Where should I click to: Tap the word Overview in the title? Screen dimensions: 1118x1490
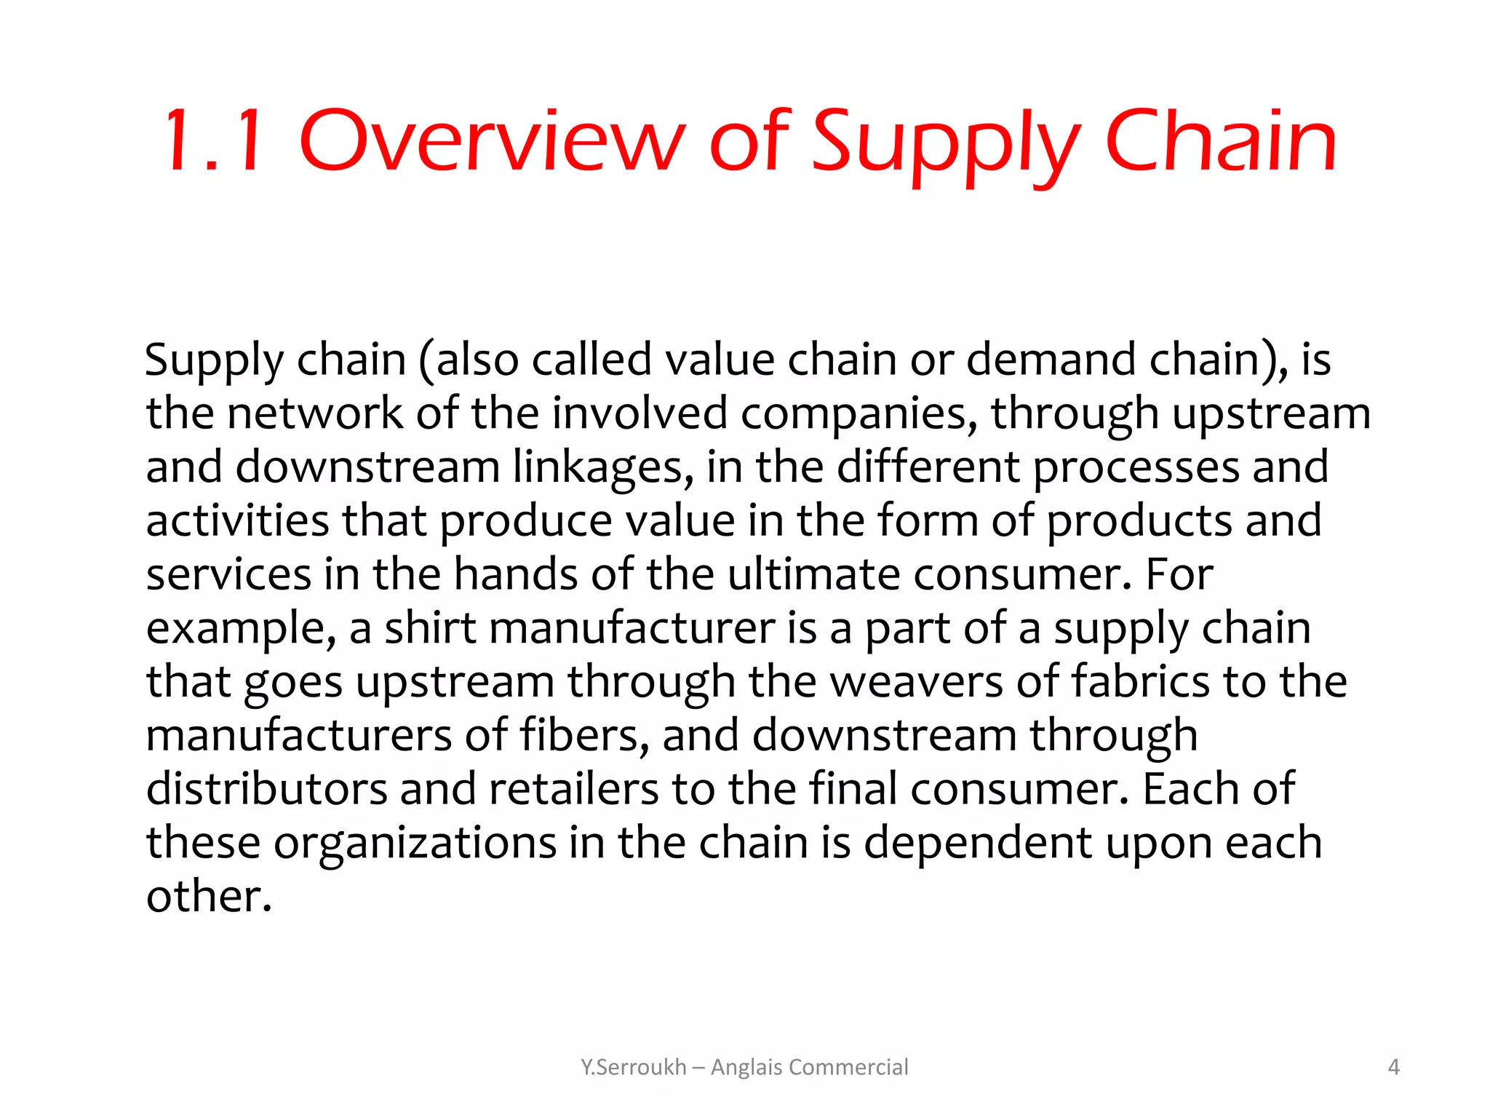tap(492, 141)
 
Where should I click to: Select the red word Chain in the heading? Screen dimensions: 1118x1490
tap(1221, 141)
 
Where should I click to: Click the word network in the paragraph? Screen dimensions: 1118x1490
tap(314, 413)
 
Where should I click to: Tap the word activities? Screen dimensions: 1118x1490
tap(237, 521)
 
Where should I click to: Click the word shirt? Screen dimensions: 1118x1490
tap(430, 628)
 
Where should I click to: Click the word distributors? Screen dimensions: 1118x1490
tap(266, 789)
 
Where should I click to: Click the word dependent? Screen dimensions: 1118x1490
tap(978, 843)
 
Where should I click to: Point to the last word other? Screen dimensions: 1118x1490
tap(209, 896)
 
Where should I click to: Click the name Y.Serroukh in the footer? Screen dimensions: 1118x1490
tap(633, 1067)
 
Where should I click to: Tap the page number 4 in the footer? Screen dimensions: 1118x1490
tap(1394, 1067)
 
